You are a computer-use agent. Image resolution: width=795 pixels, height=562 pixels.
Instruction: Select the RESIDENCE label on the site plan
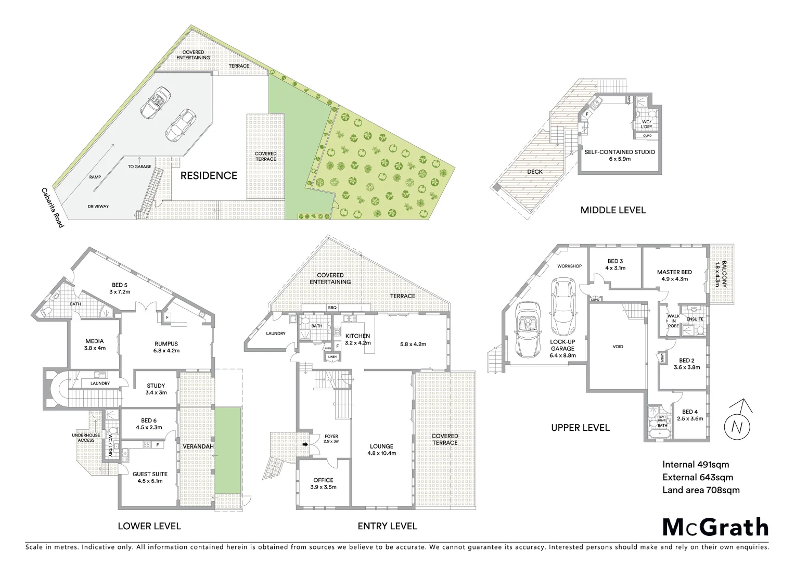pyautogui.click(x=209, y=175)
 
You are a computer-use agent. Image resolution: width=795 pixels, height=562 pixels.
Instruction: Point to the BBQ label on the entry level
pyautogui.click(x=332, y=308)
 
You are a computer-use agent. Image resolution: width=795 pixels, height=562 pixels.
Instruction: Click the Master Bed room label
pyautogui.click(x=674, y=275)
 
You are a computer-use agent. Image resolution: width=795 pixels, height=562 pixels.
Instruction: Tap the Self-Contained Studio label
pyautogui.click(x=619, y=155)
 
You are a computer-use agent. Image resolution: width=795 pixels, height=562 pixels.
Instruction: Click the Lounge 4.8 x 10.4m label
pyautogui.click(x=382, y=449)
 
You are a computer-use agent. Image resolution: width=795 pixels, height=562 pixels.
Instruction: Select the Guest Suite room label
pyautogui.click(x=150, y=477)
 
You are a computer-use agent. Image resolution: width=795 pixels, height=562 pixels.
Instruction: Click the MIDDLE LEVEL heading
pyautogui.click(x=613, y=210)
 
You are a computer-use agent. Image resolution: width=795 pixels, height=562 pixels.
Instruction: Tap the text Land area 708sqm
pyautogui.click(x=700, y=490)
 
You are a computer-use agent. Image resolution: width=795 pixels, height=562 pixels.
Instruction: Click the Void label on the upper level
pyautogui.click(x=618, y=347)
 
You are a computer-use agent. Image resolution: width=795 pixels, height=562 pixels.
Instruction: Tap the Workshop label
pyautogui.click(x=569, y=266)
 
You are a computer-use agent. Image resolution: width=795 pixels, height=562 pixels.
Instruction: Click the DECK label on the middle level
pyautogui.click(x=535, y=172)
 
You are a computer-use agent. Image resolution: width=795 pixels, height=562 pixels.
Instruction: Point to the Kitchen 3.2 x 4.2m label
pyautogui.click(x=357, y=339)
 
